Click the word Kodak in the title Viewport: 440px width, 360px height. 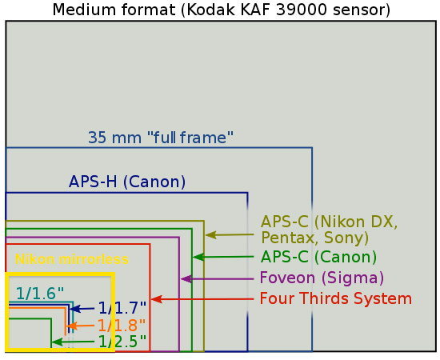click(210, 10)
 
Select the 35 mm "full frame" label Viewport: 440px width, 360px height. click(161, 138)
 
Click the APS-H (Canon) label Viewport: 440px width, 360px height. click(127, 182)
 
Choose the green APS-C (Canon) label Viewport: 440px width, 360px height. click(318, 257)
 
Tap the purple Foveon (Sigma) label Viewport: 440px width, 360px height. click(322, 278)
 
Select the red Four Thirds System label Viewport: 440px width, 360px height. click(336, 298)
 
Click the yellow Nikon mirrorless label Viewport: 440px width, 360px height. click(72, 259)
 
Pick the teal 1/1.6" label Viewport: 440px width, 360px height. click(40, 294)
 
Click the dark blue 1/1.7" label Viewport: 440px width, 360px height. click(122, 308)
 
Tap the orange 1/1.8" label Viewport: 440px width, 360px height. click(122, 326)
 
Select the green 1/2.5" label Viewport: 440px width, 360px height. click(122, 342)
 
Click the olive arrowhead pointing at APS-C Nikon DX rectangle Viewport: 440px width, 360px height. click(210, 235)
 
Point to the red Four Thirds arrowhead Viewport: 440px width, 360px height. click(157, 299)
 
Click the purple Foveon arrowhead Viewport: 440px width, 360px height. click(186, 279)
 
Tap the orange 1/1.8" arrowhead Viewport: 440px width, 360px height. click(72, 326)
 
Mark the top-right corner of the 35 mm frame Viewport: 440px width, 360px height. click(312, 147)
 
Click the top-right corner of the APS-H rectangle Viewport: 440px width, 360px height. click(247, 193)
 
